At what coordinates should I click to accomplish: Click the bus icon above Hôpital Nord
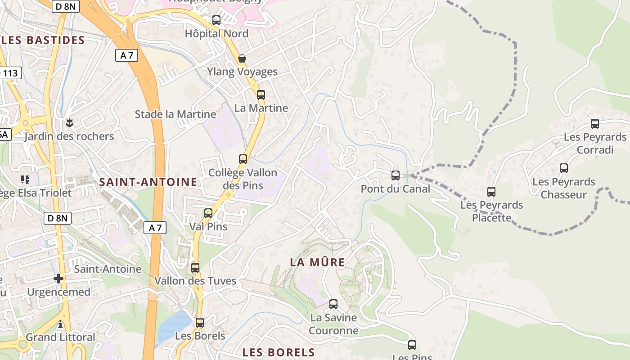216,20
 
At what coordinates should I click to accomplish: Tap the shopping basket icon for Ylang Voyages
242,58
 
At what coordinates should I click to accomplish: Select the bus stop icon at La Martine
261,95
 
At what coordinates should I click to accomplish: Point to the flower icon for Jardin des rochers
69,122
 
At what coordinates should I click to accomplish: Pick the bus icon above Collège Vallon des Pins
243,159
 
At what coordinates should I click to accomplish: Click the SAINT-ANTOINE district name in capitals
148,182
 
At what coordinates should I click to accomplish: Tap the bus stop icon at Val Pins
208,213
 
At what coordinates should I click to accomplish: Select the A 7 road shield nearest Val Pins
155,228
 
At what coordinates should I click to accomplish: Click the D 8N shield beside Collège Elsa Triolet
58,219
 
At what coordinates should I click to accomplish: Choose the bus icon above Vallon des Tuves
195,268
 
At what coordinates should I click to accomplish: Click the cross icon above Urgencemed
58,279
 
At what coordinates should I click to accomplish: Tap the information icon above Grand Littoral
60,324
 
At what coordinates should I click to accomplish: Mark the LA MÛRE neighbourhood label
317,262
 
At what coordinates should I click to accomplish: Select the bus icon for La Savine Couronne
333,304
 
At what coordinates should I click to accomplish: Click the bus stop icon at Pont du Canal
396,175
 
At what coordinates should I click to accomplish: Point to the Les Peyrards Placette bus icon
491,192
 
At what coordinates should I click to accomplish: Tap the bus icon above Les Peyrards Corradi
595,124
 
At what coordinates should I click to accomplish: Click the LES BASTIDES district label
43,40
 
